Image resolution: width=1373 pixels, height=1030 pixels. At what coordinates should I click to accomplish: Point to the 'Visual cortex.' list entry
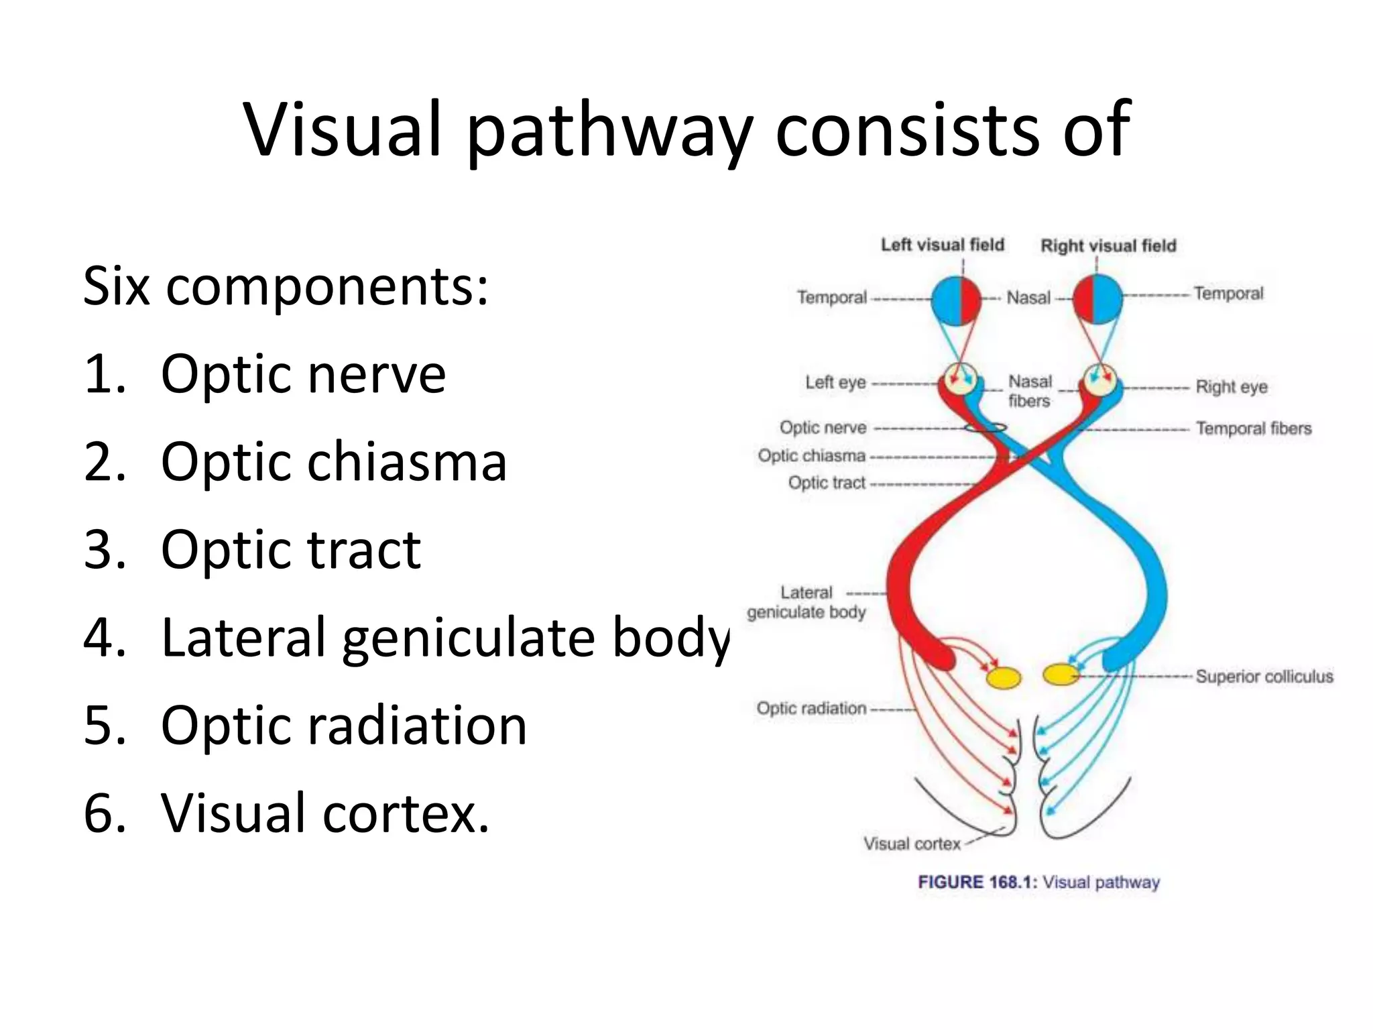[325, 813]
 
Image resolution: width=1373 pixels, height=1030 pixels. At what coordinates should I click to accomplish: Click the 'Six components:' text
[286, 286]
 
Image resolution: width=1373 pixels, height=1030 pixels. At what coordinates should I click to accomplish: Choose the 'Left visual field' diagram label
[942, 245]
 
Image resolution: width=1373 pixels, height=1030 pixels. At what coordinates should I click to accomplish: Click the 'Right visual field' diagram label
[1108, 246]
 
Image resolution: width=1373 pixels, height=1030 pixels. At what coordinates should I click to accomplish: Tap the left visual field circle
[956, 300]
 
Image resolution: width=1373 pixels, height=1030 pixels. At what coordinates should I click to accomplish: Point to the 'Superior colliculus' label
[1264, 677]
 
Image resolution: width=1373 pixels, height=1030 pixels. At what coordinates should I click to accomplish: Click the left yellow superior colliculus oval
[1004, 678]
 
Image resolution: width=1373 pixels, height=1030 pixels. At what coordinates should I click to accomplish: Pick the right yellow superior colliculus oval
[1061, 674]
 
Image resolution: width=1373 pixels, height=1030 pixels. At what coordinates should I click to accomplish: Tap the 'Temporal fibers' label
[1253, 428]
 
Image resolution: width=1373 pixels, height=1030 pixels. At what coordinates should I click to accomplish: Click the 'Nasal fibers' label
[1030, 391]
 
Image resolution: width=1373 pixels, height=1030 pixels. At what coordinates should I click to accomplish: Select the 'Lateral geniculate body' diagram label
[807, 602]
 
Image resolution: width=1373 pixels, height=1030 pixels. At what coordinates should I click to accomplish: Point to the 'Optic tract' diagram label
[827, 483]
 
